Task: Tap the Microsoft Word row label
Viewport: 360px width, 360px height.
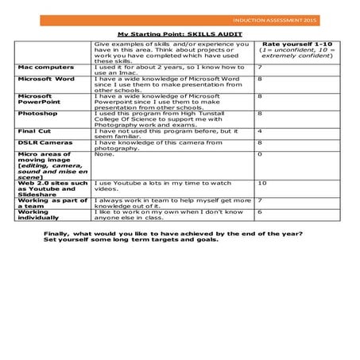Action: [x=47, y=79]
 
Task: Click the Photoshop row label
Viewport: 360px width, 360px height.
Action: [x=37, y=113]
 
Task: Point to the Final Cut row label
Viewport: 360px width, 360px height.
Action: [x=37, y=130]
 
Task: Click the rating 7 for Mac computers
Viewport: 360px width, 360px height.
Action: [x=260, y=68]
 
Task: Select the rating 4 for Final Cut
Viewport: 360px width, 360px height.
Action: [x=260, y=130]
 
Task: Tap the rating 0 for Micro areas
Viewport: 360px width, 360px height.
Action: [x=260, y=154]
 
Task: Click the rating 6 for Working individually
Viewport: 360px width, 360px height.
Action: [x=260, y=213]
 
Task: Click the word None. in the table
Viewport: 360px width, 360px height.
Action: [x=104, y=154]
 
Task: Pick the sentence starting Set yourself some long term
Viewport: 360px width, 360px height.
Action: [x=130, y=240]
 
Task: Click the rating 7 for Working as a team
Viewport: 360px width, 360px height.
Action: [x=260, y=200]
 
